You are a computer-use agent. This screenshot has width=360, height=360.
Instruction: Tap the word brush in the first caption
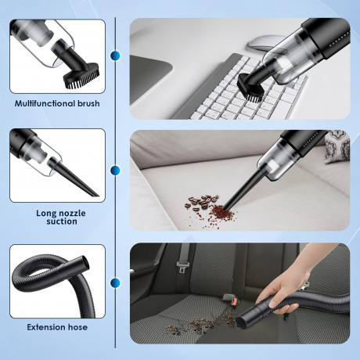point(88,103)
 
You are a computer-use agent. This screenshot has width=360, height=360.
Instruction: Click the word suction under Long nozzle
point(62,221)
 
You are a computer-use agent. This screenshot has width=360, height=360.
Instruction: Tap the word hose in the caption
point(77,327)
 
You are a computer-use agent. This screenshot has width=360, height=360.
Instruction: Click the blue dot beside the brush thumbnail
point(115,56)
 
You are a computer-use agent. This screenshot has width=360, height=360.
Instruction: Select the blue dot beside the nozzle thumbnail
point(115,171)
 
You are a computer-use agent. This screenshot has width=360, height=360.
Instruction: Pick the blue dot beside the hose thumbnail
point(115,283)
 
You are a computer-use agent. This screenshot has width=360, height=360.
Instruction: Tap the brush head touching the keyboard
point(251,88)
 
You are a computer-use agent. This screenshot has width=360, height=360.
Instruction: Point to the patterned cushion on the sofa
point(337,147)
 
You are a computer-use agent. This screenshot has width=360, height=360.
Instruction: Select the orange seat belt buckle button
point(236,301)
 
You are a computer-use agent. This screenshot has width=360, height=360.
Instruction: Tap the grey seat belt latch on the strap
point(182,267)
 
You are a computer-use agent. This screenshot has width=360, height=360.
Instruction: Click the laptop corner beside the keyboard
point(150,78)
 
